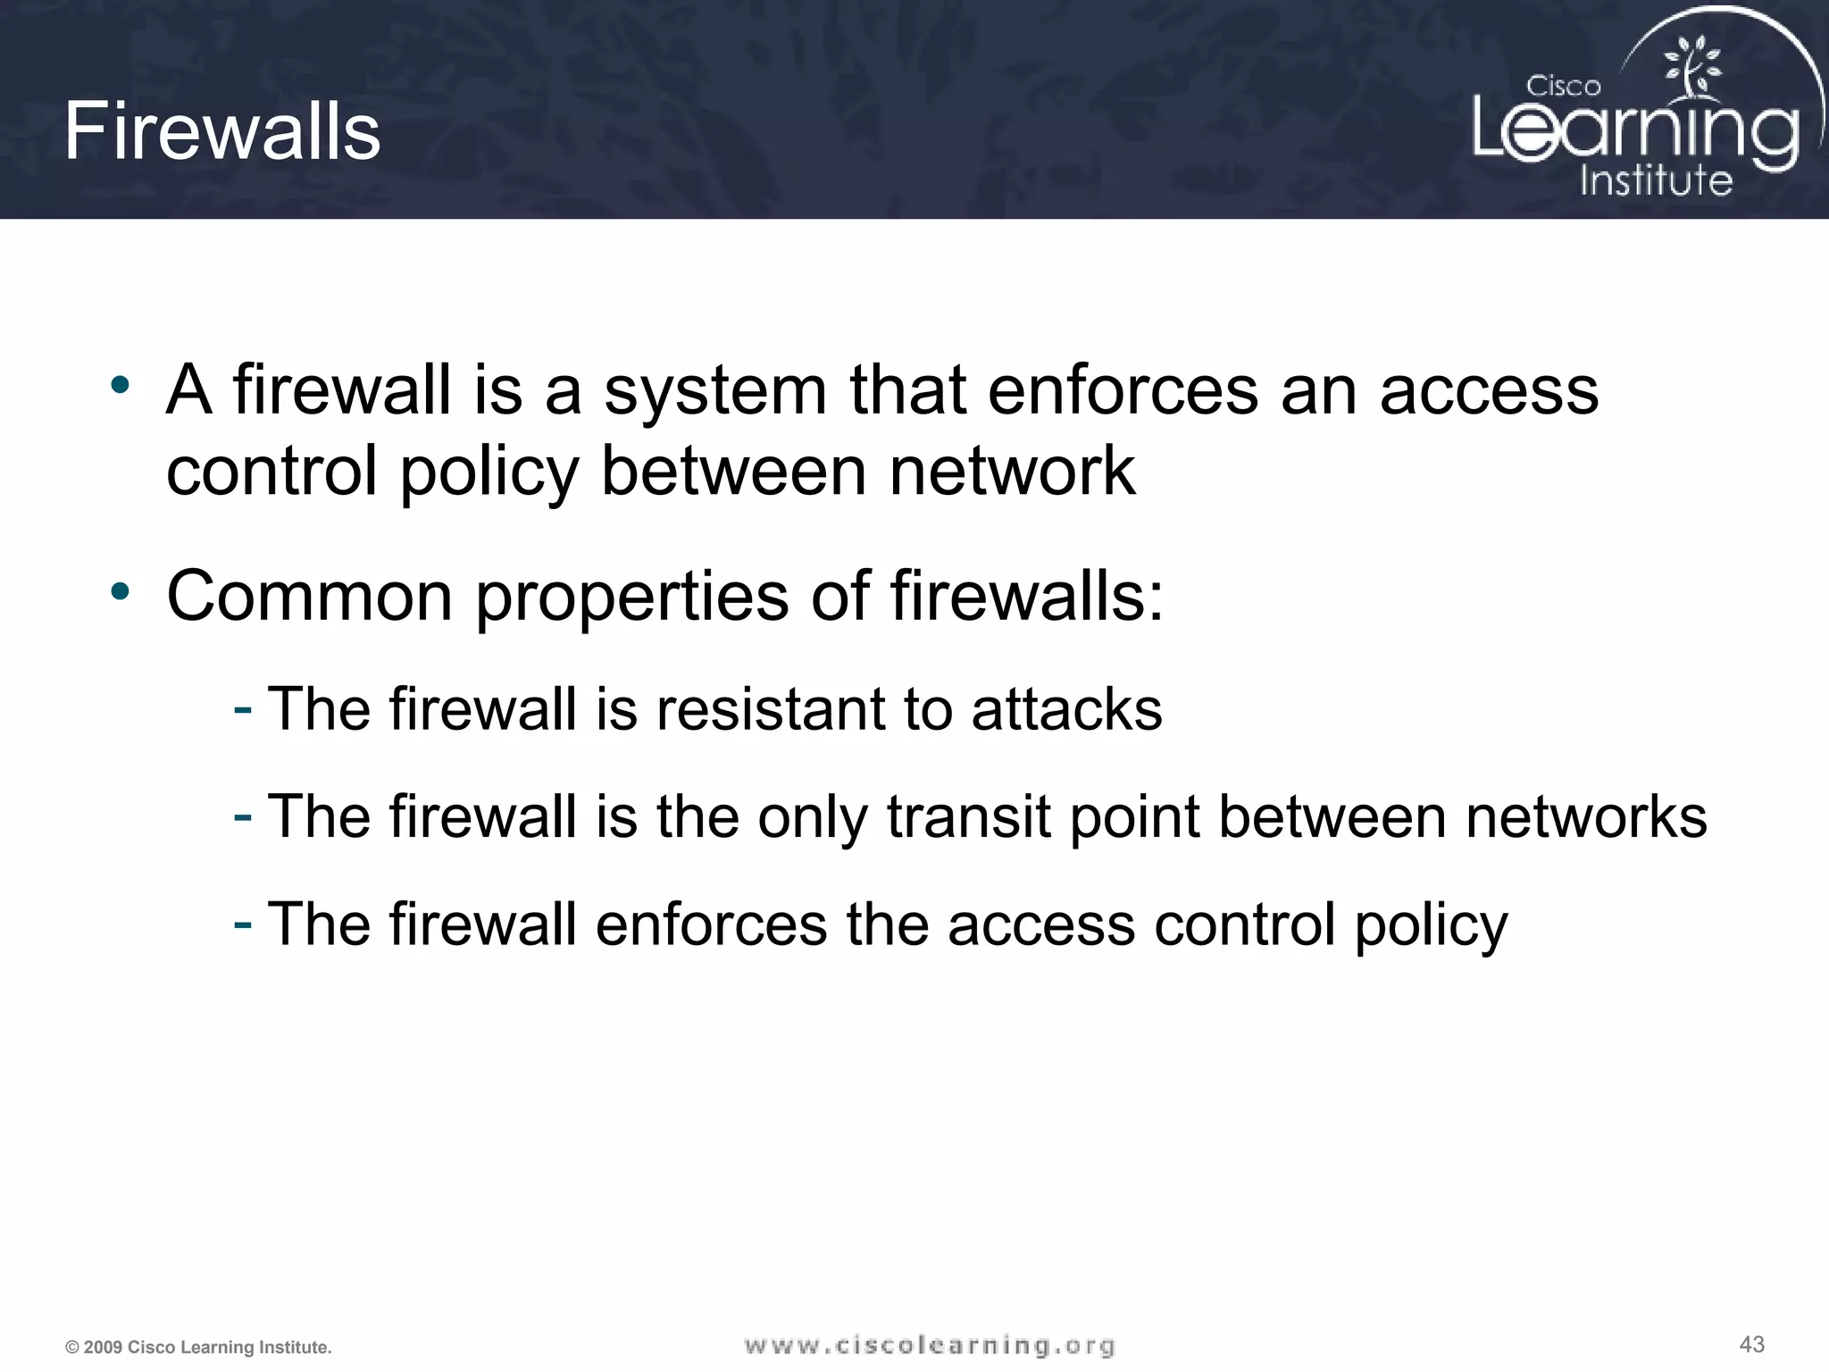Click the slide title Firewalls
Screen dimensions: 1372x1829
(222, 131)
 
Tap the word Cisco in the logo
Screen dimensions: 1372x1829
(1563, 86)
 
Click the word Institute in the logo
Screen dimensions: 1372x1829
(1656, 180)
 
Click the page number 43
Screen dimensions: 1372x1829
(1752, 1344)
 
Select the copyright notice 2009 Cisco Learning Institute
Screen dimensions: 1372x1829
(198, 1347)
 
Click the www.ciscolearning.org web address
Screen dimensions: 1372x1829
(929, 1345)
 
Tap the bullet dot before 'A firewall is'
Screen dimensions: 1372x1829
(120, 386)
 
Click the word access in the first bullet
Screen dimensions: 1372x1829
(1489, 391)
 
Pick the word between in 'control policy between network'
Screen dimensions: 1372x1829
(733, 471)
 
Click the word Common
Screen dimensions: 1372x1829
(310, 596)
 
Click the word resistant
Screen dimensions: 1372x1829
(771, 709)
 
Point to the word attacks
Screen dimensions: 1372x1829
(1066, 709)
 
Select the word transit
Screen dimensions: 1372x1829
(968, 816)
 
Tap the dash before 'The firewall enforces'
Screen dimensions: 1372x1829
(242, 924)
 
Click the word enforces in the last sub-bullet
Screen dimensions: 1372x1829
(711, 924)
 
